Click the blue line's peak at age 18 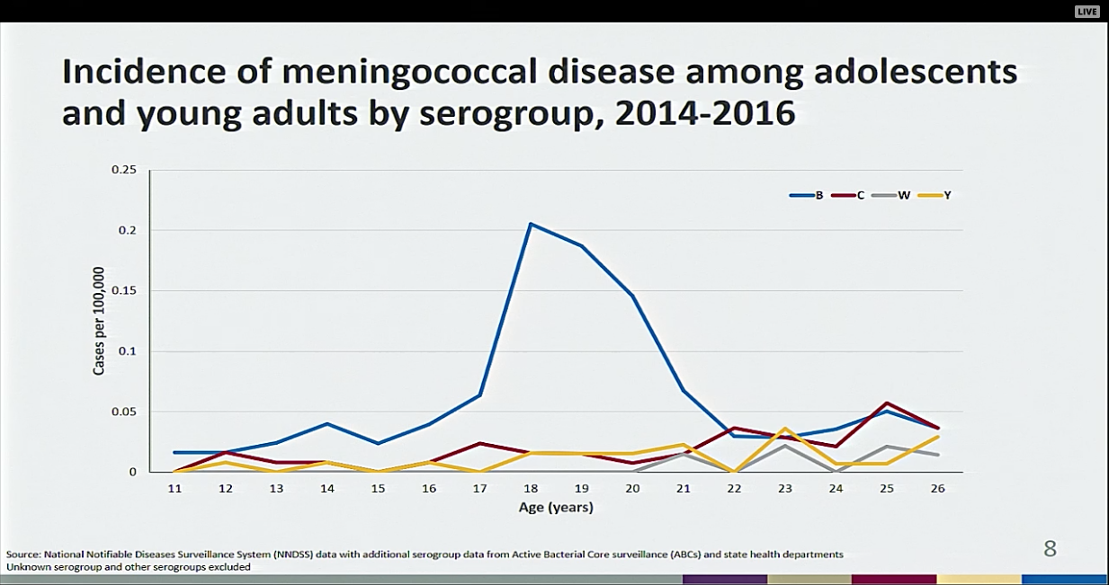pos(531,224)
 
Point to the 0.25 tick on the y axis pos(123,170)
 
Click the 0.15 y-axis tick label pos(123,290)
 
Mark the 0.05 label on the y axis pos(123,412)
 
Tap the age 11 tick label pos(174,488)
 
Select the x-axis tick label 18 pos(531,488)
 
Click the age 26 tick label pos(938,488)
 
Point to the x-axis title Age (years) pos(556,508)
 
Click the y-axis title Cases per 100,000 pos(99,321)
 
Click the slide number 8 pos(1050,548)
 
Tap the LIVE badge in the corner pos(1087,11)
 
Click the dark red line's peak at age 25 pos(888,403)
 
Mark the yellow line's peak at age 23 pos(785,429)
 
